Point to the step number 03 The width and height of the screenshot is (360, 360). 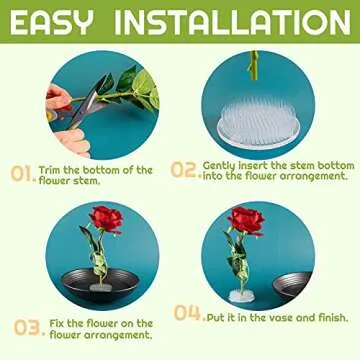click(x=25, y=327)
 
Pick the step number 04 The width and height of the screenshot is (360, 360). click(x=187, y=314)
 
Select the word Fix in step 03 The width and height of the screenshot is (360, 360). click(x=56, y=323)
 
